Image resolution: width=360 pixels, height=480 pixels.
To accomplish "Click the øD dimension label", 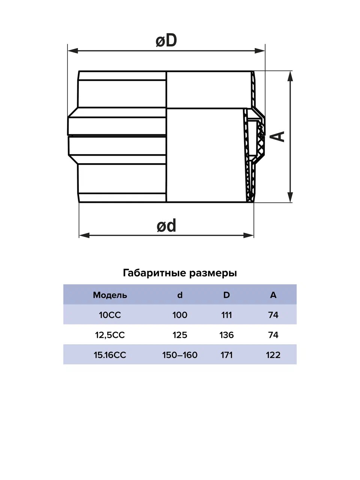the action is click(x=166, y=40).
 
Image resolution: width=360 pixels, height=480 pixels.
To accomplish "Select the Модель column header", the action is click(x=110, y=295).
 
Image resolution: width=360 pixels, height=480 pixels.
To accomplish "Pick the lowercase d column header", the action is click(x=180, y=295).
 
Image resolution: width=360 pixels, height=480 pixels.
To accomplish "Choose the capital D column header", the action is click(x=226, y=295).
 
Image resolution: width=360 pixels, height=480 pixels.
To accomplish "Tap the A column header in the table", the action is click(x=273, y=295).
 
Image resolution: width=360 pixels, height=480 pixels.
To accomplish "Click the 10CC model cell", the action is click(x=110, y=315).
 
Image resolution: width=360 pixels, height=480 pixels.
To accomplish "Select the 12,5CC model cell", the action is click(x=110, y=335).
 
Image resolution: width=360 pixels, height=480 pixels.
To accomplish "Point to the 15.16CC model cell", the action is click(x=110, y=355).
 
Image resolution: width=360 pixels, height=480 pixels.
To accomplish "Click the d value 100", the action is click(x=180, y=315).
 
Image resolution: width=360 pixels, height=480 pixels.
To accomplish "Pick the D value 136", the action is click(x=226, y=335).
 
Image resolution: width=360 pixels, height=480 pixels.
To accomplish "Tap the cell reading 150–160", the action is click(x=180, y=355).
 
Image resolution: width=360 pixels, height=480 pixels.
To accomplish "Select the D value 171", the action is click(x=226, y=355).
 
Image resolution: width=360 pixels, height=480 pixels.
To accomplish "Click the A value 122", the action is click(x=273, y=355).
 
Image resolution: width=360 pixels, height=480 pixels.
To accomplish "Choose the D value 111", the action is click(x=226, y=315).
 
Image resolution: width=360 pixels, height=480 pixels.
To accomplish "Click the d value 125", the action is click(x=180, y=335).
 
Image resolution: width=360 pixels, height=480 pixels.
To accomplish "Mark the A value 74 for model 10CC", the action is click(x=273, y=315).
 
